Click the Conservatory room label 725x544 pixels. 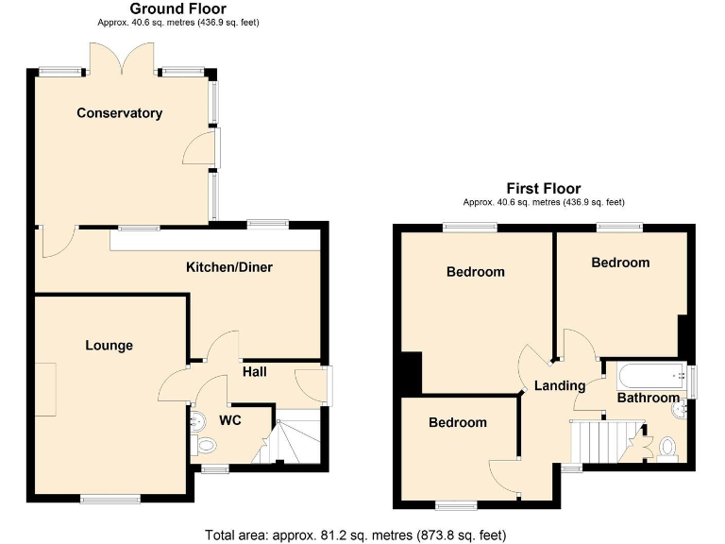(x=119, y=113)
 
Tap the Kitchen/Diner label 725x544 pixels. (x=228, y=267)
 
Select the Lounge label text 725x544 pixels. (x=109, y=346)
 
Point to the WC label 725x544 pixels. (x=230, y=419)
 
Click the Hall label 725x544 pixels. (x=255, y=372)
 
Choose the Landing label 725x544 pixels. (x=559, y=385)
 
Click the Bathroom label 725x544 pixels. (x=648, y=399)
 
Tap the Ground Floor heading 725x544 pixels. (x=178, y=8)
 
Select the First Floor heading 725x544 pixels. (x=543, y=189)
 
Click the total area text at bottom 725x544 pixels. (x=362, y=535)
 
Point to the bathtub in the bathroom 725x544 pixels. (x=651, y=377)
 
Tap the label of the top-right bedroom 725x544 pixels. (x=620, y=263)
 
